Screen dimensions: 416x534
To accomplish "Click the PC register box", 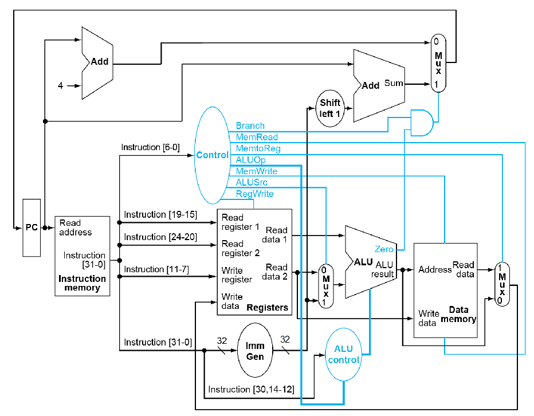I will [32, 227].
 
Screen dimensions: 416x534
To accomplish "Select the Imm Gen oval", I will [255, 350].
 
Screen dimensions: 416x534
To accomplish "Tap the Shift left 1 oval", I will [329, 108].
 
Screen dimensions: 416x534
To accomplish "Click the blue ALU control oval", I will [343, 355].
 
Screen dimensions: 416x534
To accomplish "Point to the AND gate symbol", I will [422, 123].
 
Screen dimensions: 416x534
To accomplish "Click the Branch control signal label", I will [250, 126].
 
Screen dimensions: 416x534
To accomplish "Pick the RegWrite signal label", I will [255, 194].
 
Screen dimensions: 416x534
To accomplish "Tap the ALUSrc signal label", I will [252, 183].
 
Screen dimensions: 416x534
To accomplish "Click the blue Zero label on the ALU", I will [384, 249].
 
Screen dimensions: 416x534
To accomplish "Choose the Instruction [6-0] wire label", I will [150, 148].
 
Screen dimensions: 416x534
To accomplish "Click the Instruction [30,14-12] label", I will [251, 390].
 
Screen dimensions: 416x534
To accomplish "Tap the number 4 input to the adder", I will [60, 86].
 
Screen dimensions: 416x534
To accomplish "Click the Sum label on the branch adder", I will [394, 84].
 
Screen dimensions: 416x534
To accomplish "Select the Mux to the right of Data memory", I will [502, 284].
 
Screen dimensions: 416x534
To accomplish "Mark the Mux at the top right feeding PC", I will [438, 63].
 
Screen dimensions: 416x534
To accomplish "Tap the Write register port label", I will [237, 274].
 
